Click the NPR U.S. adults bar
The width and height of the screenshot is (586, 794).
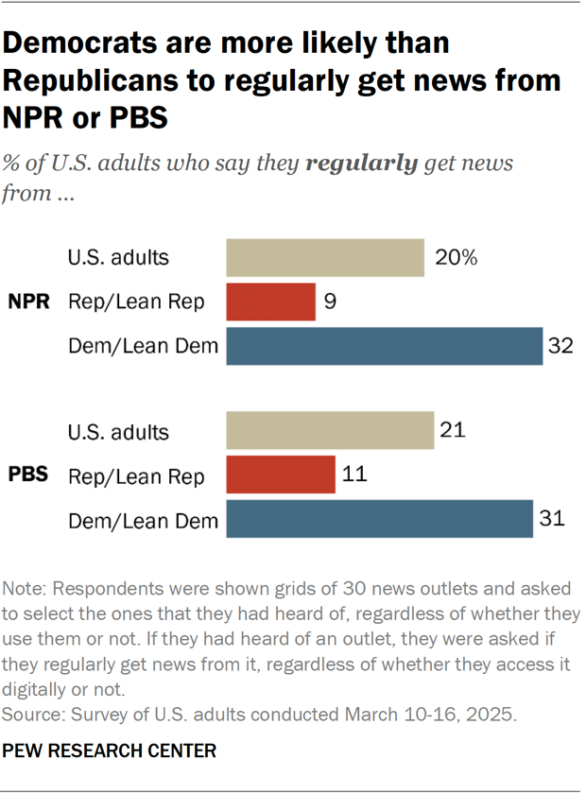click(x=324, y=257)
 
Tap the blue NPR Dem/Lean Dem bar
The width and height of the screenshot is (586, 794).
click(x=384, y=346)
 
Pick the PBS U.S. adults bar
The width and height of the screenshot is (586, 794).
click(x=330, y=431)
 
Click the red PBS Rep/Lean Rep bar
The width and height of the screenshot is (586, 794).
click(x=281, y=475)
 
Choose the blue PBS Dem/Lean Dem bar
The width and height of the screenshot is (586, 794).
click(x=379, y=519)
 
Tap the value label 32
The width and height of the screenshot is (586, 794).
click(x=561, y=346)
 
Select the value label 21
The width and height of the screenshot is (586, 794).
click(x=454, y=431)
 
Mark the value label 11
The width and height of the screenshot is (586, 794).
click(x=356, y=475)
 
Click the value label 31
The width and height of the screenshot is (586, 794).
click(x=553, y=519)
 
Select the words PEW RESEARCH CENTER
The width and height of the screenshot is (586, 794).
click(x=110, y=751)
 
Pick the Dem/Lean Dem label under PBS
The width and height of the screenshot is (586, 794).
click(x=143, y=520)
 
